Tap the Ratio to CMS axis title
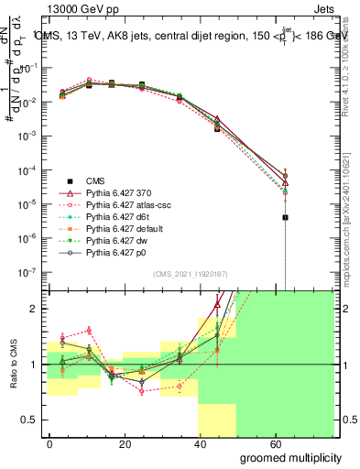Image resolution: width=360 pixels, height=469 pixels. click(x=10, y=365)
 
